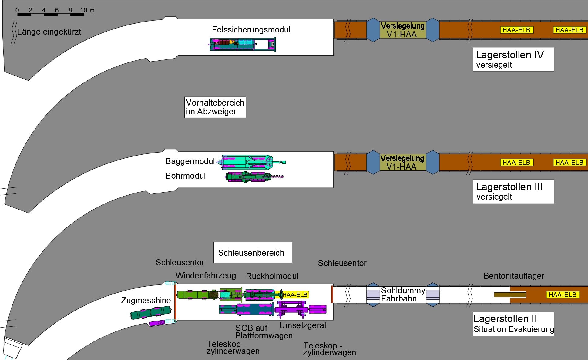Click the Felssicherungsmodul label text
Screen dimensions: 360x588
click(251, 30)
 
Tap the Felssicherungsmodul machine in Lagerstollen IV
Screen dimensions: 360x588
click(242, 44)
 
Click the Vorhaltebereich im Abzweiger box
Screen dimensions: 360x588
click(215, 107)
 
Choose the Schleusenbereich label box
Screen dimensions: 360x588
click(253, 252)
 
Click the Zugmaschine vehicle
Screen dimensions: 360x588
click(151, 312)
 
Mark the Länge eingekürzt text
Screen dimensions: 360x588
click(49, 32)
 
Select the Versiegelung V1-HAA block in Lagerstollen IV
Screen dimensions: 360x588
click(403, 30)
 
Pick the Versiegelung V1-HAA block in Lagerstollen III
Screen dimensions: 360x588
click(403, 162)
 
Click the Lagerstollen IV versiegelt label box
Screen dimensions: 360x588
click(513, 59)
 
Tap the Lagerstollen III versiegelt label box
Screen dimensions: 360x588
click(513, 191)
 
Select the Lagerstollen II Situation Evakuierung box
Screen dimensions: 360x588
click(513, 324)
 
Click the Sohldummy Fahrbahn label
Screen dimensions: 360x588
click(403, 294)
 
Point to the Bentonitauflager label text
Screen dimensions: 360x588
click(513, 276)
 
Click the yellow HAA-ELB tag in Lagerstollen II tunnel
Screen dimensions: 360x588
click(562, 294)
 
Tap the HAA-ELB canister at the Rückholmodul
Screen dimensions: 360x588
click(295, 295)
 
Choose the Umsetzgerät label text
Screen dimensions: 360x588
click(303, 325)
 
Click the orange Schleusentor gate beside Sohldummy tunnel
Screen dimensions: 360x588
click(332, 294)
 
